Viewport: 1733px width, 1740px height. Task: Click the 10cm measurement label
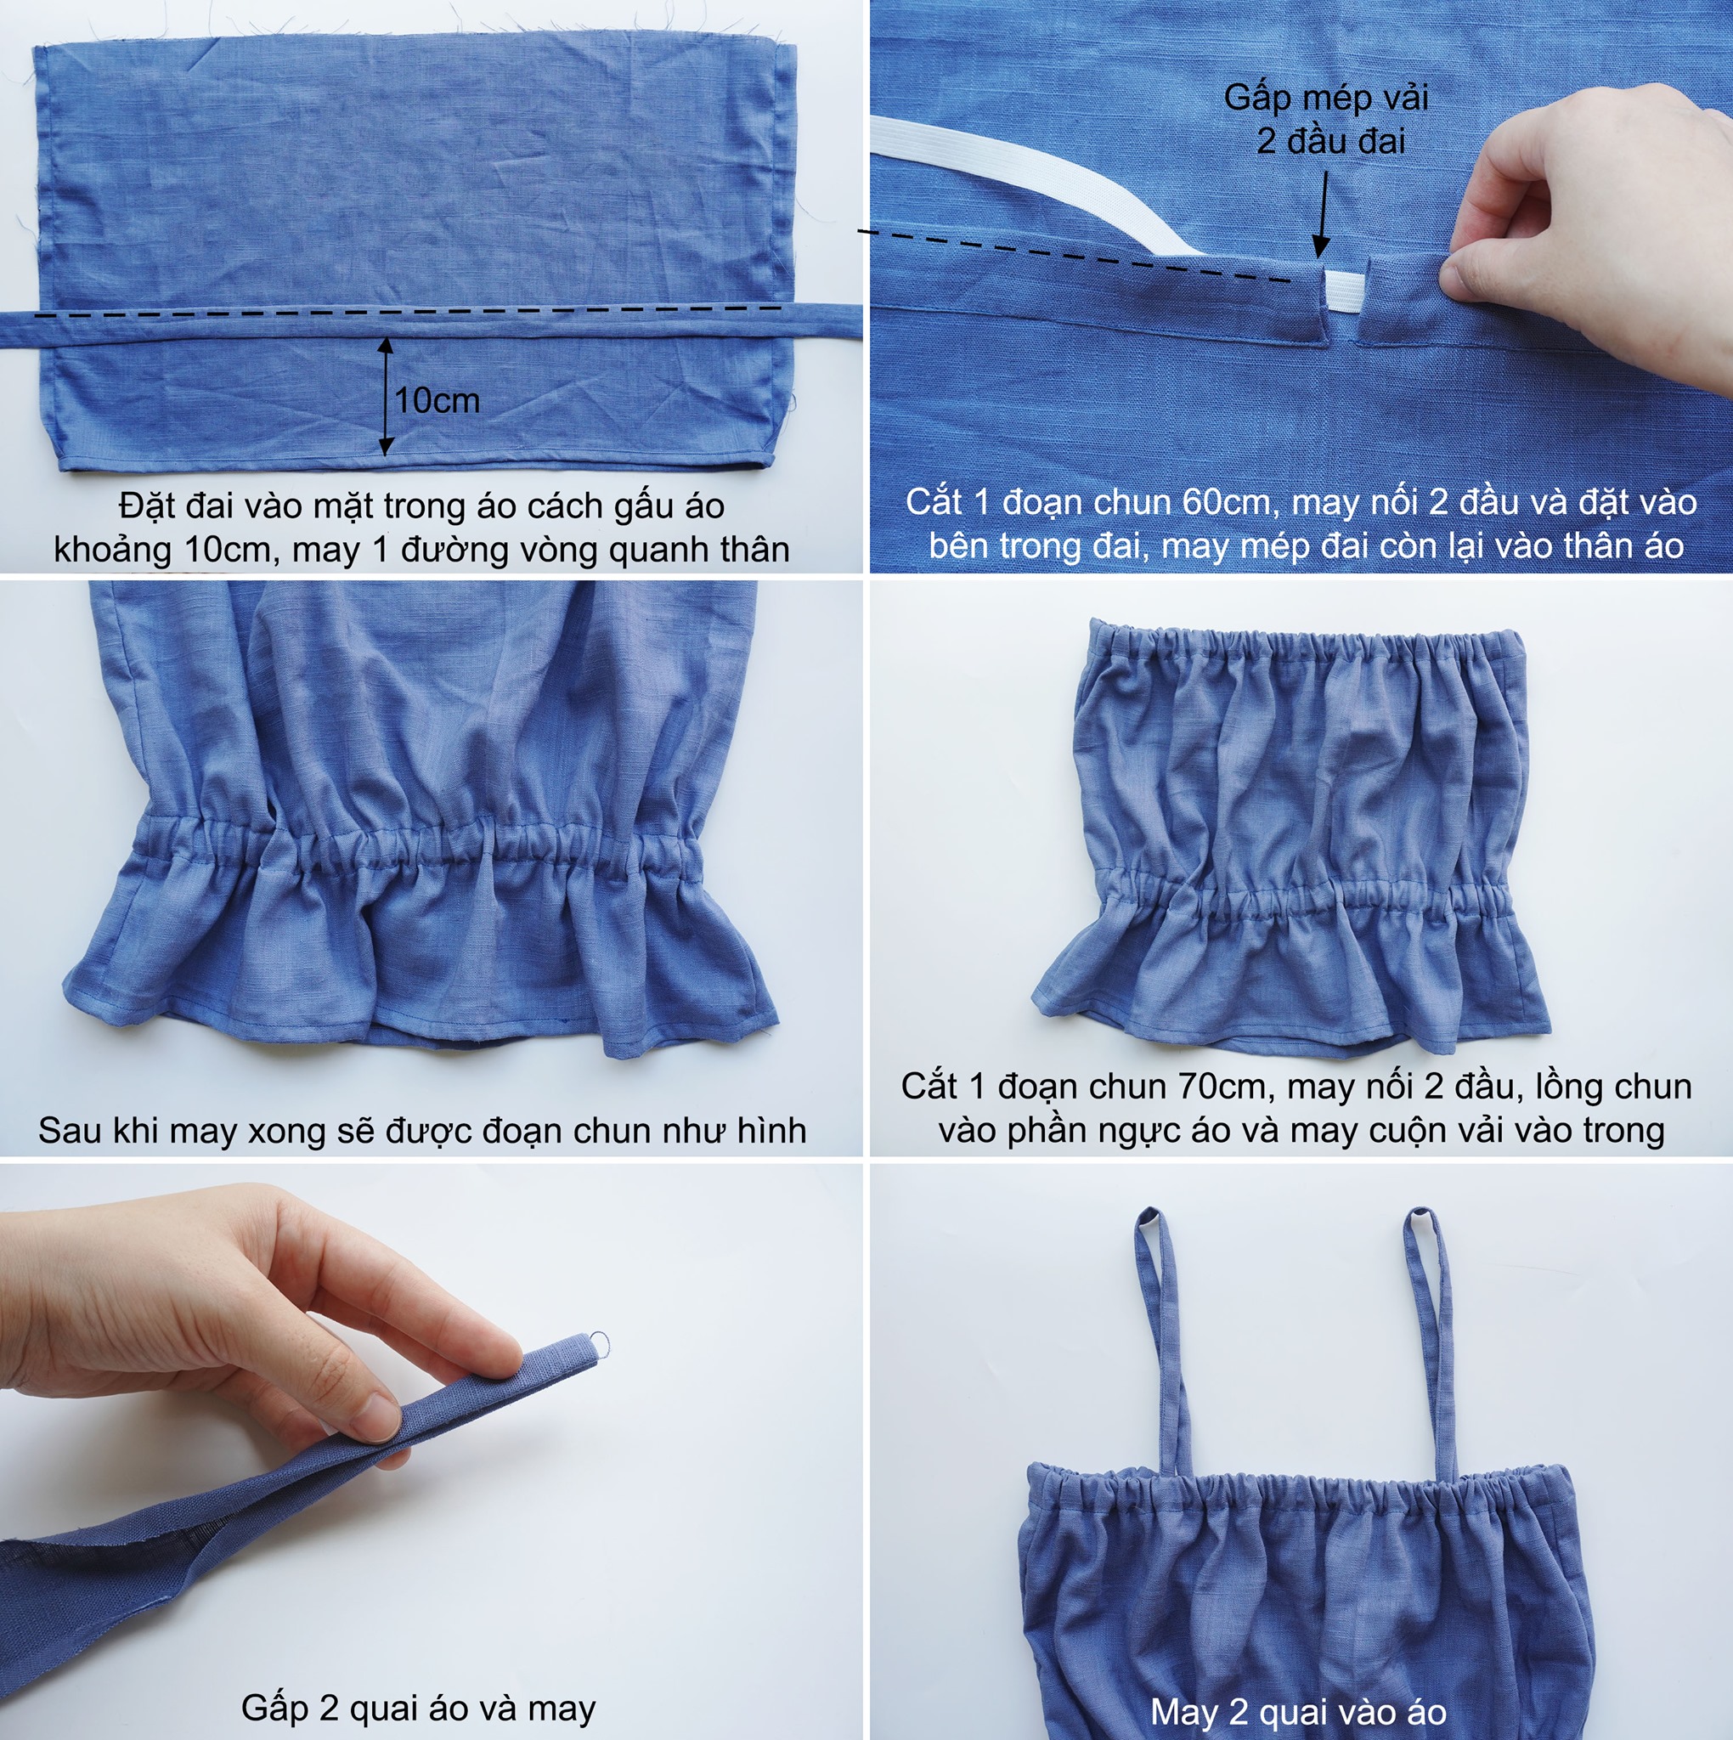click(437, 401)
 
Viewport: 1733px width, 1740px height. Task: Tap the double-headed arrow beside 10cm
click(386, 395)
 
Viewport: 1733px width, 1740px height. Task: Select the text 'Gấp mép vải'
click(1326, 97)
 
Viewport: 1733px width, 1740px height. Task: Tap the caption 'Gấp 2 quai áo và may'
click(418, 1708)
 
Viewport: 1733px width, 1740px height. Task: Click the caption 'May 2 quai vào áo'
click(1298, 1711)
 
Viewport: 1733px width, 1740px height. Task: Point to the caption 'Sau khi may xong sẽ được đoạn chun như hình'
click(421, 1130)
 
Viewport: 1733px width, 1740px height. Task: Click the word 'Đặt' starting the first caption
click(144, 506)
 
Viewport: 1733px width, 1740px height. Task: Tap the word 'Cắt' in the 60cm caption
click(932, 501)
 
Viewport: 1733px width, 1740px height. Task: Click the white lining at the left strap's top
click(1147, 1221)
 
